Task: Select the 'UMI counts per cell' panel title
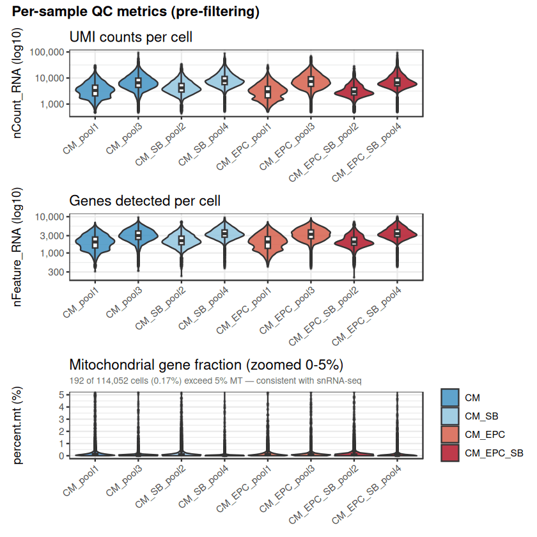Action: (130, 38)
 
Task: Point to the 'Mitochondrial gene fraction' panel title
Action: (206, 365)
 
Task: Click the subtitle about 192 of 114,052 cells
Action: (216, 380)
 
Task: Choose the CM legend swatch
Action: (450, 398)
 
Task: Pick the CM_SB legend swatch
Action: (450, 416)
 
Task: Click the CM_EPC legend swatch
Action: (450, 435)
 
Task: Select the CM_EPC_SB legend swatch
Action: (450, 453)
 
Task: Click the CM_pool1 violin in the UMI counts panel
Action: (95, 89)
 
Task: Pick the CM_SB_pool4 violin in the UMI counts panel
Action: (224, 80)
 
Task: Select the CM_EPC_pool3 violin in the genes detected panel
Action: (311, 235)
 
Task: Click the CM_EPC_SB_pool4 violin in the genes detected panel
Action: (397, 234)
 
